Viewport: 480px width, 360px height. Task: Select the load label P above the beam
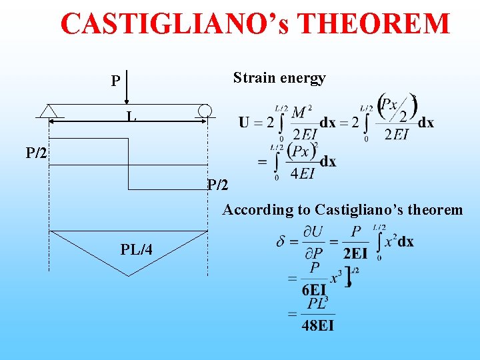[115, 81]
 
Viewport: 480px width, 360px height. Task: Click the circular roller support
[205, 111]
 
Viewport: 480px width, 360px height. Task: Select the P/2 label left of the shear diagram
[36, 154]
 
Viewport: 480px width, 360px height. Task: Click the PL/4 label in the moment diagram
[136, 250]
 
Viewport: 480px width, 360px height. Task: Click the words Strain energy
[279, 78]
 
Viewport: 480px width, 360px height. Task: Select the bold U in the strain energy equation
[244, 123]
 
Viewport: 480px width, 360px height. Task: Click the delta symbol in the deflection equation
[281, 241]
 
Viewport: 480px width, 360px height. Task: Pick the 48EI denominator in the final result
[317, 325]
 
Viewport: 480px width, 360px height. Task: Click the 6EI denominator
[313, 289]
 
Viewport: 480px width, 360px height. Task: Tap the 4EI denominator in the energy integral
[303, 175]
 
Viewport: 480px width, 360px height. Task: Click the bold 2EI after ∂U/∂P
[355, 253]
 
